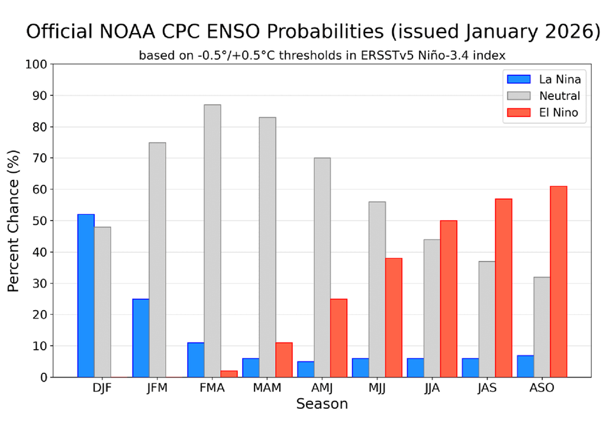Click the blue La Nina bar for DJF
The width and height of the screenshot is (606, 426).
coord(86,296)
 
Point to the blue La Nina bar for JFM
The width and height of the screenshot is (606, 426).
coord(141,338)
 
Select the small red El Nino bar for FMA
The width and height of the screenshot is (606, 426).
coord(229,374)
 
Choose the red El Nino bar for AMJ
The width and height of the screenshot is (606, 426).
coord(339,338)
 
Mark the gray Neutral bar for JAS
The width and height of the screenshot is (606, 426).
coord(486,319)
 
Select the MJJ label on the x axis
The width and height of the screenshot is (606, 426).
coord(377,389)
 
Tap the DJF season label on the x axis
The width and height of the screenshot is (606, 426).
coord(102,389)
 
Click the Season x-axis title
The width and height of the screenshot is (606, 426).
coord(322,405)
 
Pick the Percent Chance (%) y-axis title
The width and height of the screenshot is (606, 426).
coord(14,221)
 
